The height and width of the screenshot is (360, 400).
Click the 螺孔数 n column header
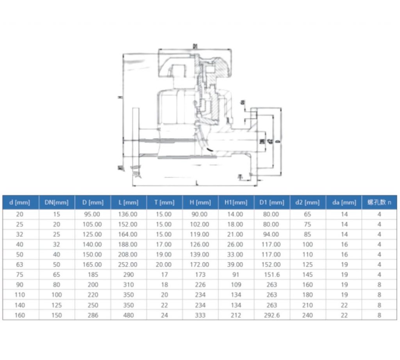[x=379, y=202]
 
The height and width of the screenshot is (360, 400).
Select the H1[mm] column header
[x=236, y=202]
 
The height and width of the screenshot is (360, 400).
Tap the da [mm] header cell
[x=343, y=202]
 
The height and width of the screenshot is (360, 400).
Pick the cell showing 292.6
[x=271, y=315]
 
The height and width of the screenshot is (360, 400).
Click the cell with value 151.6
[x=271, y=274]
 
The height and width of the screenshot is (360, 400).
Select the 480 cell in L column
[x=128, y=315]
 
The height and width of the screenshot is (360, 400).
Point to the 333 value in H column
[x=200, y=315]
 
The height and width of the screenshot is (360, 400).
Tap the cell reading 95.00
[x=92, y=214]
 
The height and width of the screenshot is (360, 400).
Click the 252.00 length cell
[x=128, y=264]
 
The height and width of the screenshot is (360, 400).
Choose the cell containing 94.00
[x=271, y=234]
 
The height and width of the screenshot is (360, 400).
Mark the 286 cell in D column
[x=92, y=315]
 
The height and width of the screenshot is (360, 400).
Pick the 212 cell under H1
[x=236, y=315]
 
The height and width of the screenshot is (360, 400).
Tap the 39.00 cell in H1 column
[x=236, y=264]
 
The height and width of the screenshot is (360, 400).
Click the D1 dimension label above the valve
[x=195, y=46]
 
